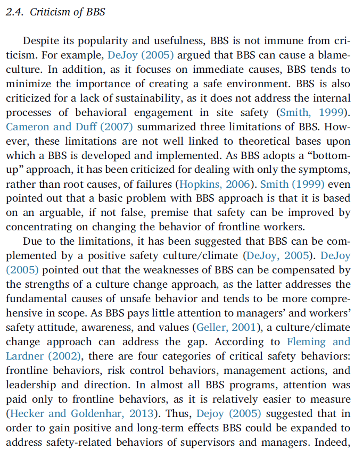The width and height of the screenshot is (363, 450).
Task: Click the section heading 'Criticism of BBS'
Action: coord(67,12)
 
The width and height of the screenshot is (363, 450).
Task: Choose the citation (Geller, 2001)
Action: coord(226,327)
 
